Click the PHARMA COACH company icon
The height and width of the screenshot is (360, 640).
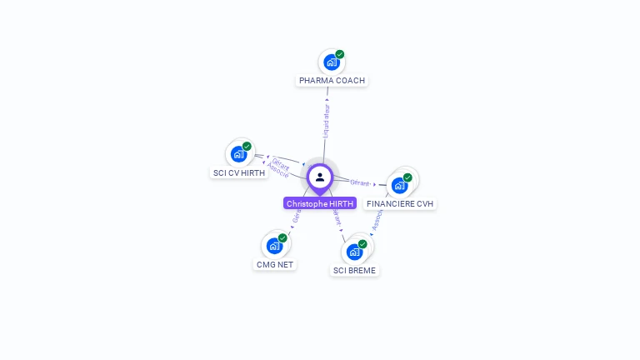tap(332, 62)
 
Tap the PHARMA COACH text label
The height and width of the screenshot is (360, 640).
tap(332, 81)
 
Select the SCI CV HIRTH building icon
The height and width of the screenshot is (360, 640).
tap(238, 154)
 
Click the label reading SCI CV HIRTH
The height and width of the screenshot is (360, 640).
tap(239, 173)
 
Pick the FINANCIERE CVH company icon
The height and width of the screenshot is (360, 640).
tap(400, 185)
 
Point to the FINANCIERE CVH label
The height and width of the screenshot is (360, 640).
tap(400, 204)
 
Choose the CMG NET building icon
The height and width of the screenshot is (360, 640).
tap(274, 246)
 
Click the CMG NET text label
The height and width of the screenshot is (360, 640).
tap(274, 265)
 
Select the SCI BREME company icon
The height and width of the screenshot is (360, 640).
tap(354, 252)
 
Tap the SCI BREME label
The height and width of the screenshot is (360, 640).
tap(354, 271)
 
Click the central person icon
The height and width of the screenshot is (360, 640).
tap(320, 177)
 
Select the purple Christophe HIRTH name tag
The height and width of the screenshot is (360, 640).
tap(320, 203)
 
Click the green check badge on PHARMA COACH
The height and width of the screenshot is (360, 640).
tap(340, 54)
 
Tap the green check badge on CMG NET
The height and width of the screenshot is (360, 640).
tap(282, 237)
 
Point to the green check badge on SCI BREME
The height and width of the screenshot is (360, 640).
tap(362, 244)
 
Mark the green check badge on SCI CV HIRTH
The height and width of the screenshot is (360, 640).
tap(247, 146)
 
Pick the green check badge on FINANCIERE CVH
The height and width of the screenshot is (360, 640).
tap(407, 177)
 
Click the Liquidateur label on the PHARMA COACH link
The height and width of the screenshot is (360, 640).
tap(327, 120)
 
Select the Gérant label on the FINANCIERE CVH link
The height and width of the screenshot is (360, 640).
tap(360, 182)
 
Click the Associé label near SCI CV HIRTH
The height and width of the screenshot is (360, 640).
tap(278, 172)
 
